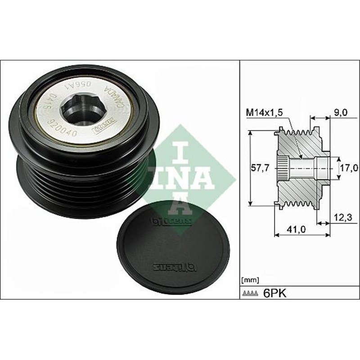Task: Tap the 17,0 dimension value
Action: point(349,168)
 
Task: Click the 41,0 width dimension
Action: point(297,229)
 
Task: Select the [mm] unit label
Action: point(250,280)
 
